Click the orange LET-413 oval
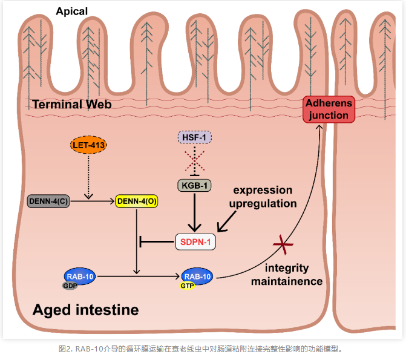tap(88, 146)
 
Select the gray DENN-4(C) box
tap(48, 201)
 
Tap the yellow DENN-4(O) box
tap(137, 201)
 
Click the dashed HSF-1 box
tap(194, 138)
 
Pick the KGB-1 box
tap(194, 185)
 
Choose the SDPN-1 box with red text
tap(195, 242)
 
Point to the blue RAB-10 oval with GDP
tap(80, 277)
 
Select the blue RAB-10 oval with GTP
tap(197, 277)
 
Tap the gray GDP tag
tap(69, 286)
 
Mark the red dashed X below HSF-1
tap(194, 161)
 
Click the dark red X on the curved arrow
tap(282, 246)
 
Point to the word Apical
tap(71, 11)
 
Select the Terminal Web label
tap(72, 104)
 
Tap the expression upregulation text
tap(262, 197)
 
